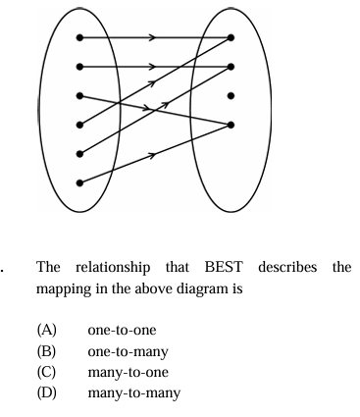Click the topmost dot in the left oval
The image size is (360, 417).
[79, 37]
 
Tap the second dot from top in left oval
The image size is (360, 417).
[79, 67]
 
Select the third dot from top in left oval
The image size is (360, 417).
[79, 96]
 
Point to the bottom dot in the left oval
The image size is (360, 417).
[79, 182]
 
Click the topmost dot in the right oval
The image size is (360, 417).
[231, 37]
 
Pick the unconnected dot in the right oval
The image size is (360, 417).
[231, 96]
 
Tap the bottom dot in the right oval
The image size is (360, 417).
[231, 125]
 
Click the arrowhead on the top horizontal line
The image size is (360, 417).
[152, 37]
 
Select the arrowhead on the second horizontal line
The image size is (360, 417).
[152, 67]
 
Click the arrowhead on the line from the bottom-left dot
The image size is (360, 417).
[152, 155]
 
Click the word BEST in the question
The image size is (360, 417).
[224, 267]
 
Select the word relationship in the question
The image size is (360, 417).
[113, 268]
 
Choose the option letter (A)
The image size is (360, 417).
[46, 330]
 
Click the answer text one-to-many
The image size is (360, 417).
[128, 352]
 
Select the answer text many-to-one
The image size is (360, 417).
[129, 373]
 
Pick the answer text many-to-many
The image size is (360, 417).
[134, 393]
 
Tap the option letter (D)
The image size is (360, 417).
[46, 392]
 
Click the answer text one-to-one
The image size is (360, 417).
[122, 331]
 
